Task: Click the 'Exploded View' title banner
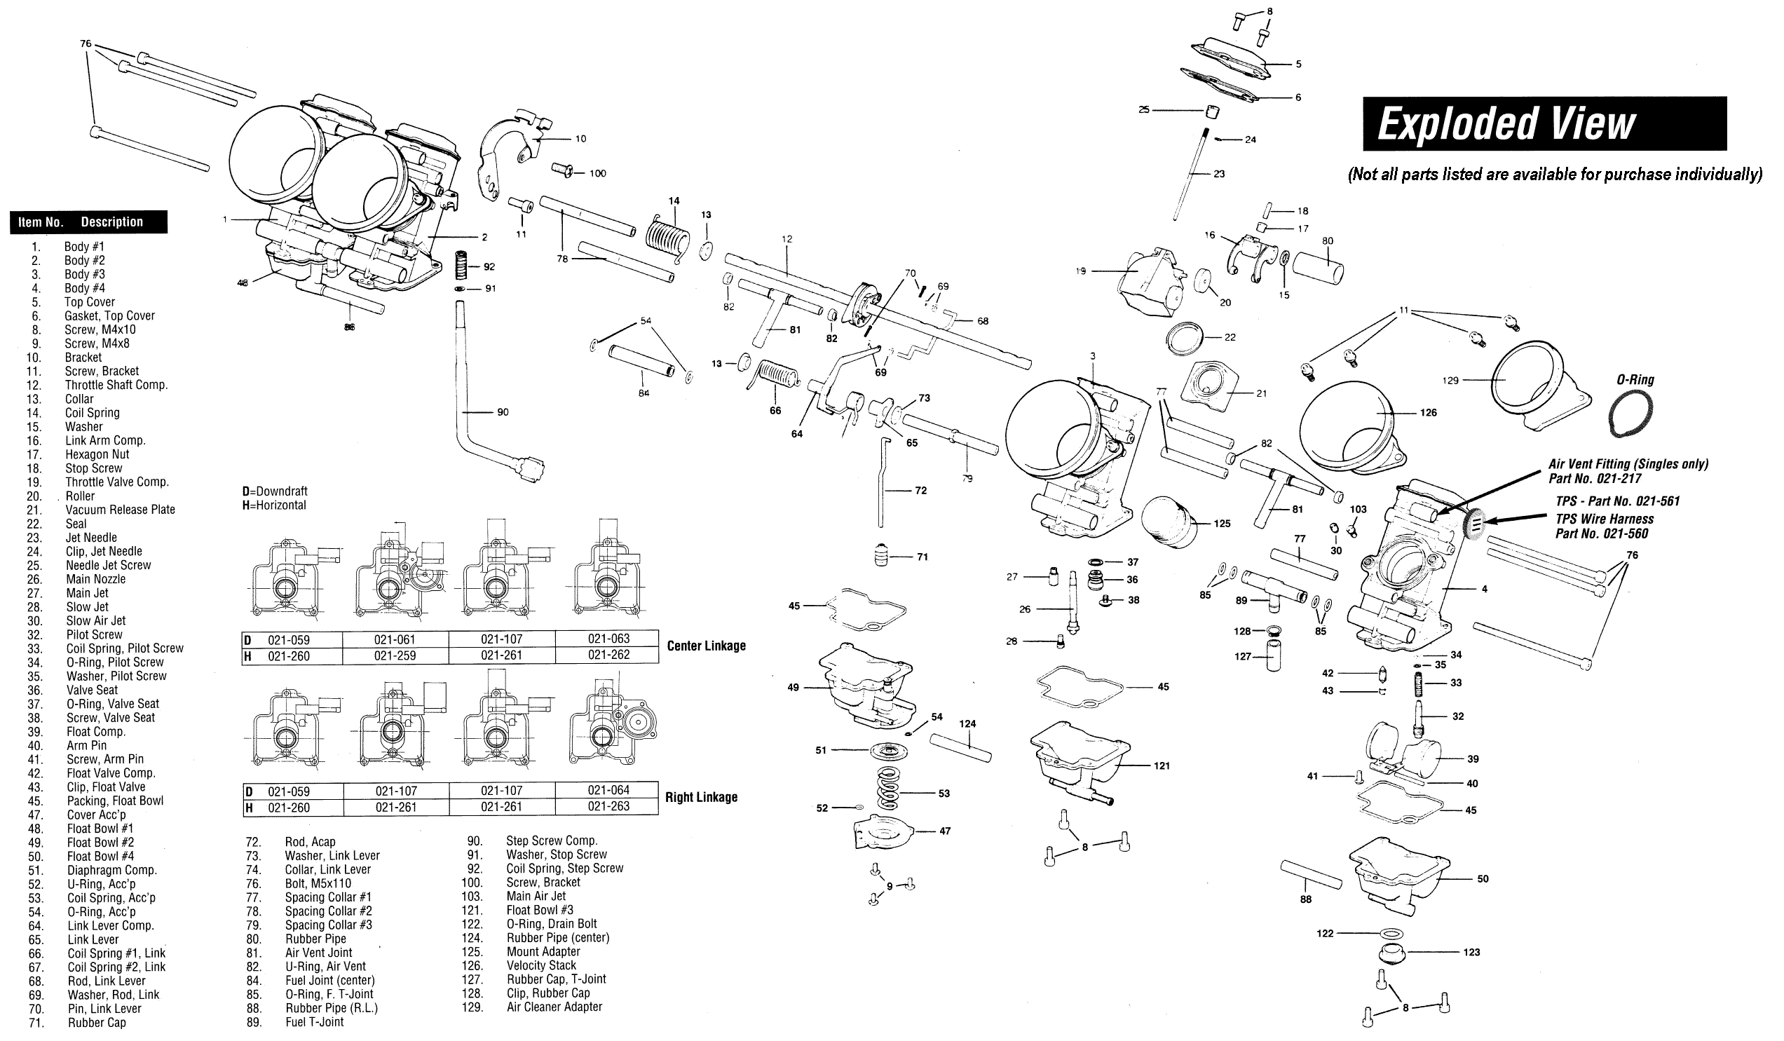pos(1544,124)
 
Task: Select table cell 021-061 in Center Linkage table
pos(395,639)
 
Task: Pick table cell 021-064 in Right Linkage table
pos(608,789)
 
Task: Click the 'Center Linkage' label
pos(706,646)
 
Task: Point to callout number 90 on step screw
pos(503,412)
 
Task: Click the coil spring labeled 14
pos(666,233)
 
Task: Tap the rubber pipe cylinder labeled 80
pos(1317,268)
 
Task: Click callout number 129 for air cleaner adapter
pos(1450,380)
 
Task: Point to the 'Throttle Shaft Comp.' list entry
pos(116,386)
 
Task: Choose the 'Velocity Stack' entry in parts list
pos(541,965)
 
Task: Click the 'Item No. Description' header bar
pos(88,222)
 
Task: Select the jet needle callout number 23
pos(1218,174)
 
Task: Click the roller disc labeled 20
pos(1202,281)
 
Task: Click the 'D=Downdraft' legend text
pos(275,491)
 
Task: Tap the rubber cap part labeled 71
pos(881,554)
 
